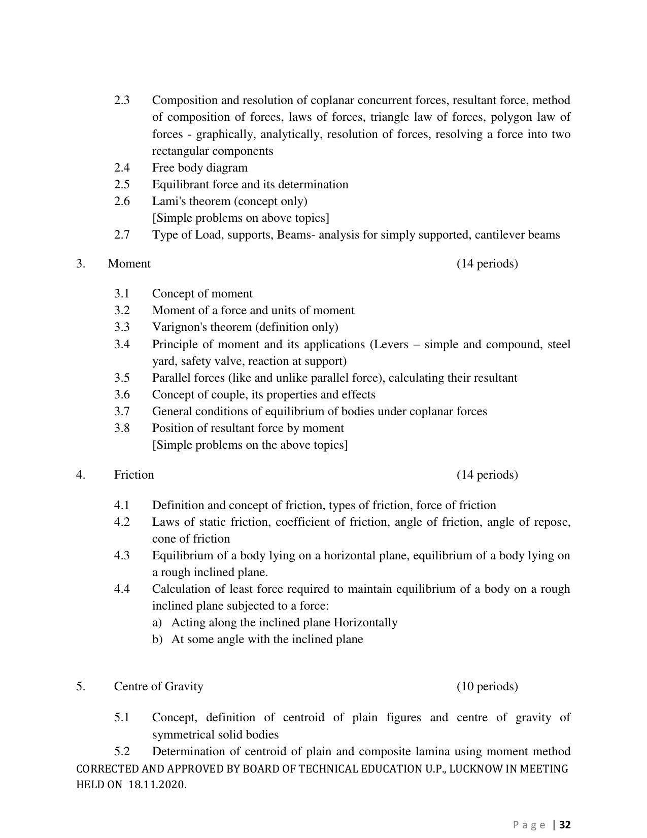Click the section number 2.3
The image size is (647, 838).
122,100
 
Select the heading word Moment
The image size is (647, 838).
129,263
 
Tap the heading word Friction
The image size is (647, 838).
134,475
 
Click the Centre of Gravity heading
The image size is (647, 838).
158,686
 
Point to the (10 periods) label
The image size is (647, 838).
487,686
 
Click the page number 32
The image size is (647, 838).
565,825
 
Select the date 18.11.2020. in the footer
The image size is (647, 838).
157,785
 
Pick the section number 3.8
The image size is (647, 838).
122,428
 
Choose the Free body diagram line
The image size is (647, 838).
199,167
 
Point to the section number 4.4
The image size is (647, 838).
122,589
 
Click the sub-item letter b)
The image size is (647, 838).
157,639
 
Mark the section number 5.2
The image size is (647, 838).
122,751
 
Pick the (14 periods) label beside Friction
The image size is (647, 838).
487,475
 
